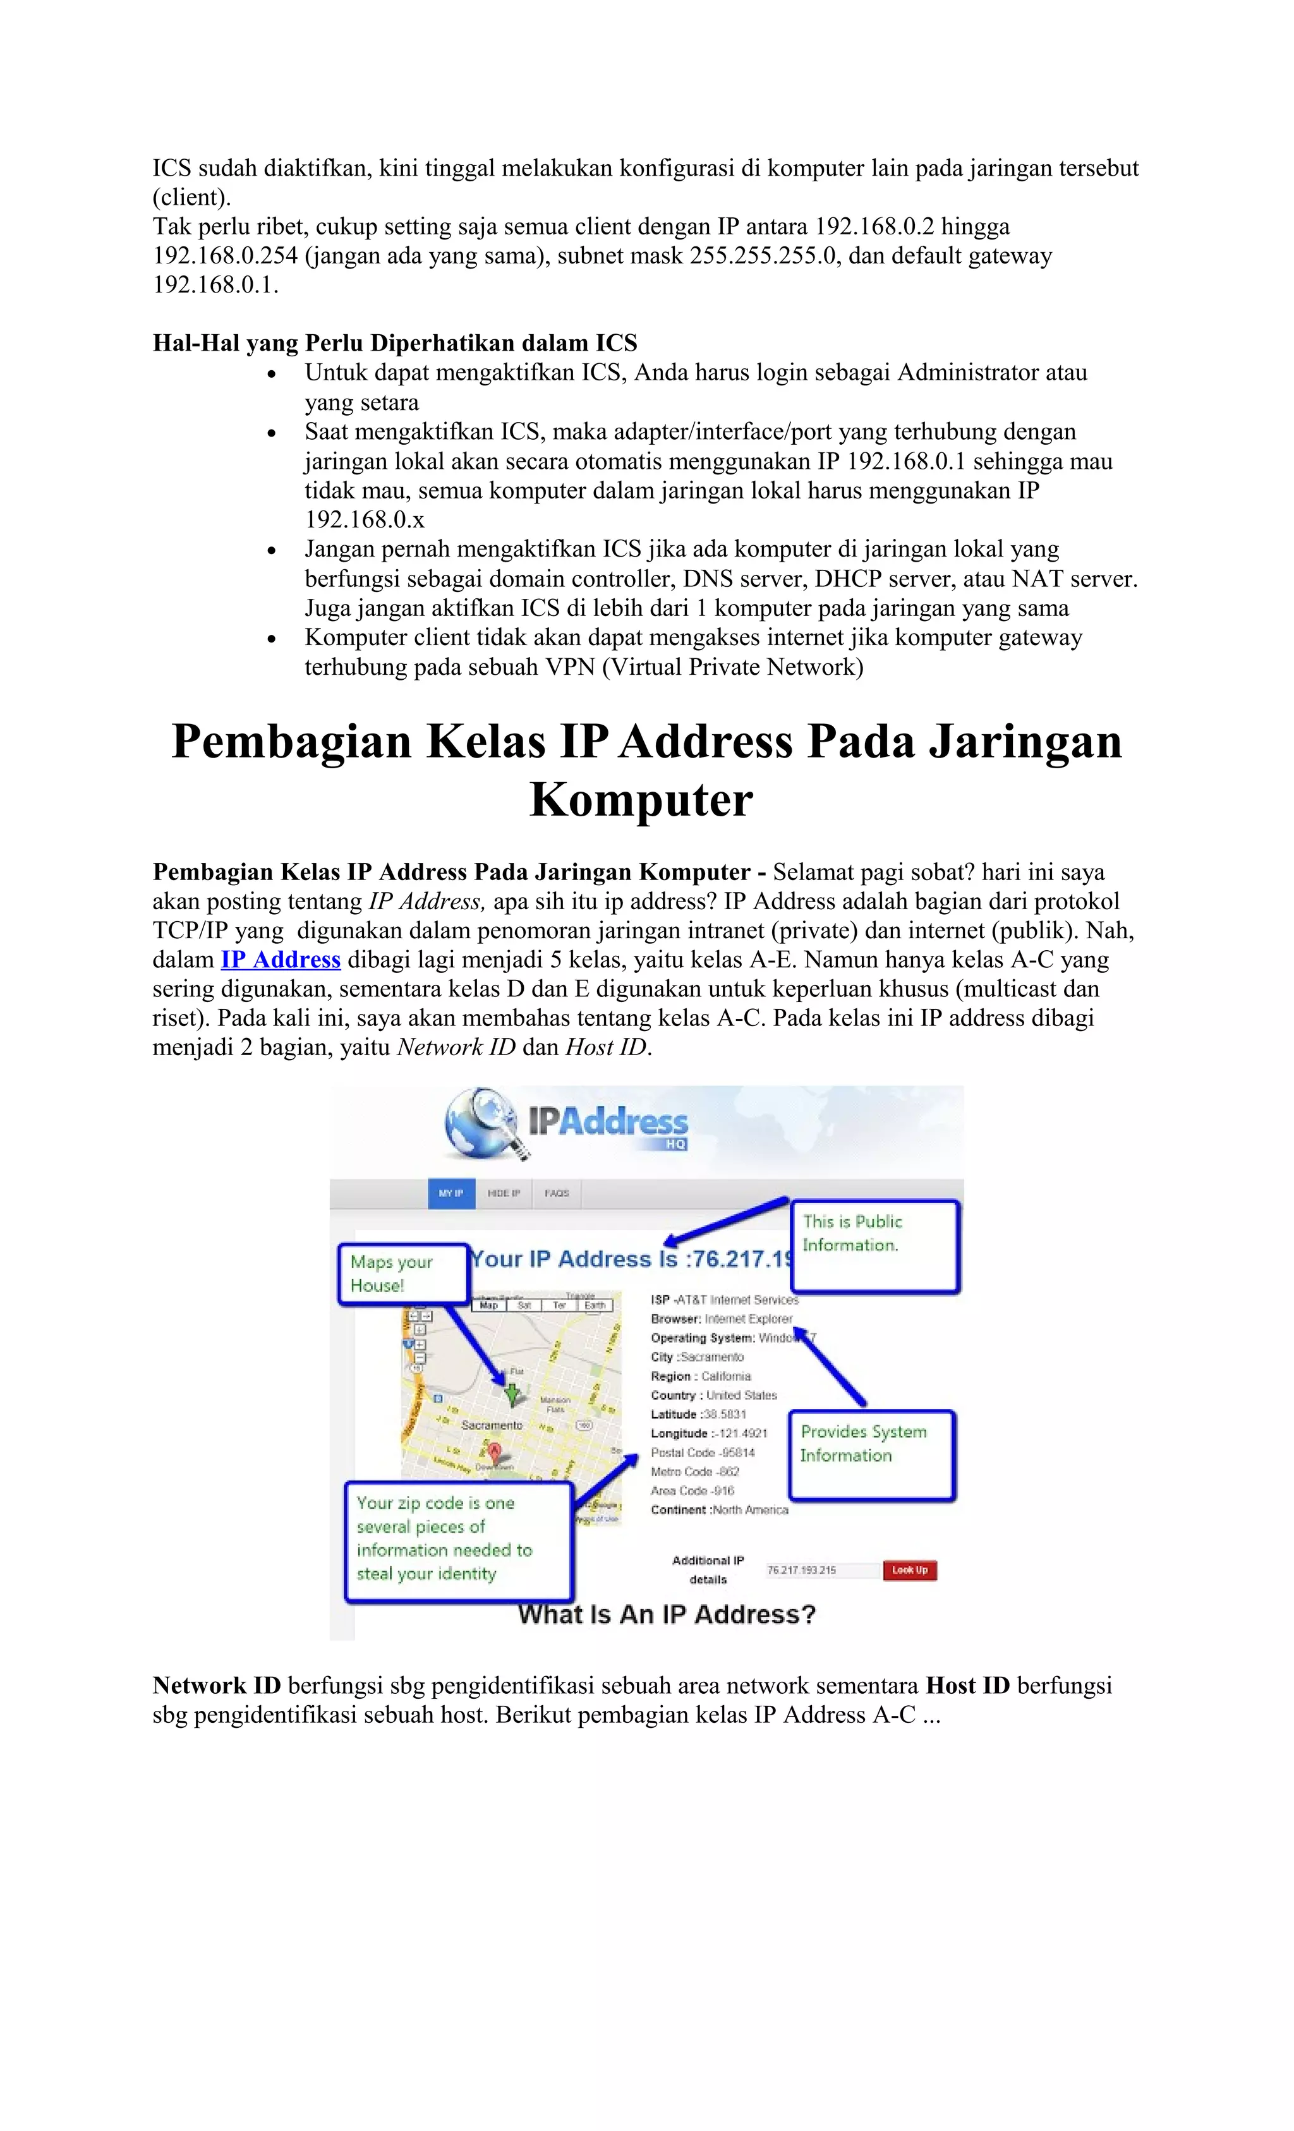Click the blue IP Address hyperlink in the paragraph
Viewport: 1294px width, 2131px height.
(x=281, y=960)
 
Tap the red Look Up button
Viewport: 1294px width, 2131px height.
(x=909, y=1570)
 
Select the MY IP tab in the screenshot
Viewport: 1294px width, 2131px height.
(x=450, y=1193)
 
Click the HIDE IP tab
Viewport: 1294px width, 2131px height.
(x=504, y=1193)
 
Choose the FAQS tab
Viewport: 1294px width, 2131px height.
(x=556, y=1193)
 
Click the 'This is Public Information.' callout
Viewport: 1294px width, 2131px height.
(x=874, y=1245)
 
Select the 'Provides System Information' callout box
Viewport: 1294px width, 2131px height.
(x=871, y=1456)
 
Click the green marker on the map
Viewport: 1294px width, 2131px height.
(x=512, y=1393)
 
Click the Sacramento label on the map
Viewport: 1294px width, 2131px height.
(x=492, y=1425)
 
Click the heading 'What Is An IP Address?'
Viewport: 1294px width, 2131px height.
(x=666, y=1615)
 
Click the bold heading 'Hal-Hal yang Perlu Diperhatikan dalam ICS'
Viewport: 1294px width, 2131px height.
(x=394, y=343)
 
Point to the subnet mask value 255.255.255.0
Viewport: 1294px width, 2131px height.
(x=765, y=256)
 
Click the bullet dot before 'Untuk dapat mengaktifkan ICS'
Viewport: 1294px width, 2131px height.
(x=272, y=375)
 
